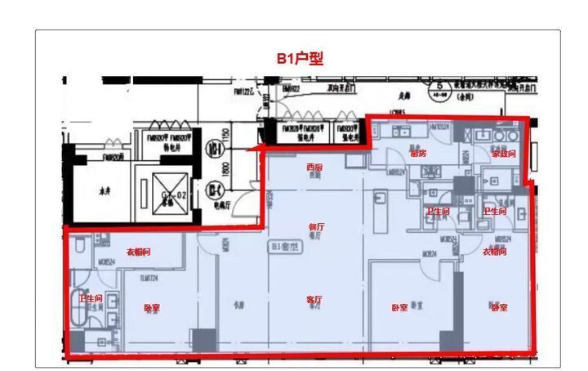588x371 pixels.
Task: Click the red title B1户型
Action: pyautogui.click(x=299, y=59)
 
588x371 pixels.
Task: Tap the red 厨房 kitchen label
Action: pyautogui.click(x=418, y=153)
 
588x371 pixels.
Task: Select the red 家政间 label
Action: pyautogui.click(x=503, y=154)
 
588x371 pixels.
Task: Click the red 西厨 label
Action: pyautogui.click(x=314, y=167)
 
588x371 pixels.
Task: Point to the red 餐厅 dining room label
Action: pyautogui.click(x=316, y=226)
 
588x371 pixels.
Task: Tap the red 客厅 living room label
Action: pyautogui.click(x=314, y=300)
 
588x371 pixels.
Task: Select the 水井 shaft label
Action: pyautogui.click(x=105, y=192)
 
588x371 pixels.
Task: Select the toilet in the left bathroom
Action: pyautogui.click(x=80, y=244)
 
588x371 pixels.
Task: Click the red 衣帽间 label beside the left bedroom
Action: pyautogui.click(x=138, y=252)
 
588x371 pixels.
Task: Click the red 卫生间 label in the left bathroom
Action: pyautogui.click(x=91, y=299)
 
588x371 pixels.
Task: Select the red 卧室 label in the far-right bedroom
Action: pyautogui.click(x=499, y=307)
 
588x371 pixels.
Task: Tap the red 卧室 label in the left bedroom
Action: pyautogui.click(x=152, y=308)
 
